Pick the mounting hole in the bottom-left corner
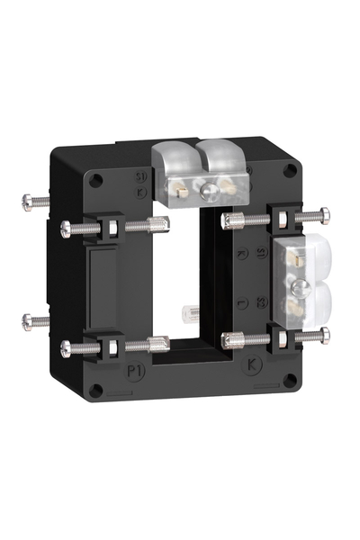97,390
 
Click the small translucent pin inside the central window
190,314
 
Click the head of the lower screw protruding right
325,335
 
